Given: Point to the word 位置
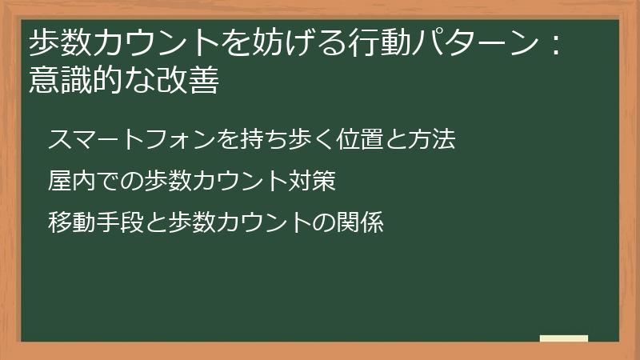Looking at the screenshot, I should (x=361, y=140).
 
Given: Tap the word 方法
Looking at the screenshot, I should (x=433, y=140).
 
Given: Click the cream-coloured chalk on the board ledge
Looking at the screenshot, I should (x=564, y=339).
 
